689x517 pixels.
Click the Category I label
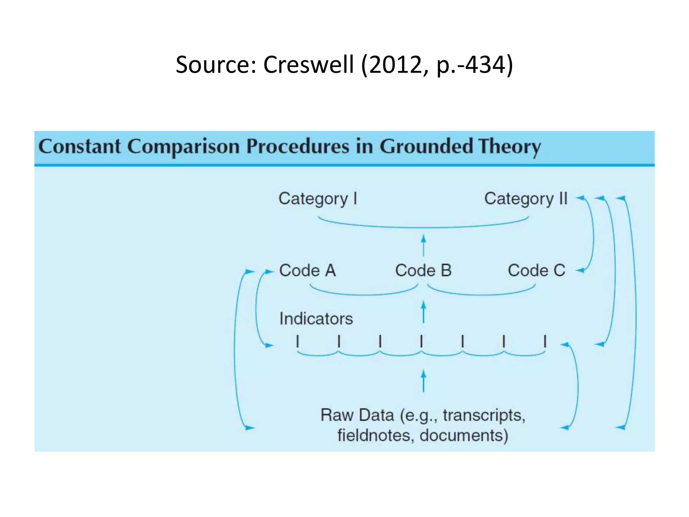tap(318, 199)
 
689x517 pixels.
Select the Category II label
tap(526, 199)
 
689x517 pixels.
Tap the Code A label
tap(307, 271)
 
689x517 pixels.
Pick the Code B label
tap(423, 271)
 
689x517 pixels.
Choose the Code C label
tap(537, 271)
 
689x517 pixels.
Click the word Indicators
tap(316, 319)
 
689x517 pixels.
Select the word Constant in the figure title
tap(80, 146)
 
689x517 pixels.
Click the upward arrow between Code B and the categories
tap(424, 245)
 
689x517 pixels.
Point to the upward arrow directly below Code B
tap(424, 312)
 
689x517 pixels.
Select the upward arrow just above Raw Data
tap(424, 381)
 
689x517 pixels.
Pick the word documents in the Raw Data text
tap(464, 435)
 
